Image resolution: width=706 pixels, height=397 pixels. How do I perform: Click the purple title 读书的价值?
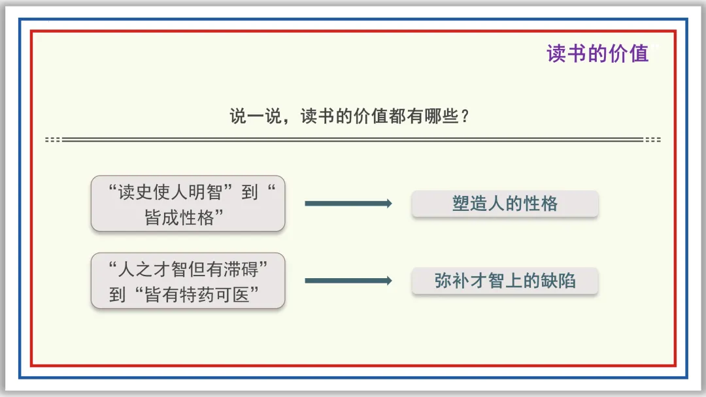point(597,54)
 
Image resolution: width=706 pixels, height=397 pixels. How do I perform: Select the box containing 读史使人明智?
point(188,203)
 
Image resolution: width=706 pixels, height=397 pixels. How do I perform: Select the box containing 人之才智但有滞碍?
point(188,281)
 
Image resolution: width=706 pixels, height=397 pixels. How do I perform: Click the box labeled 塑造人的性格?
point(505,204)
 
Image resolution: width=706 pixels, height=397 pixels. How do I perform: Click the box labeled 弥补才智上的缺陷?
point(505,281)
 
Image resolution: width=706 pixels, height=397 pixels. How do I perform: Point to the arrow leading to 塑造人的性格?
point(348,204)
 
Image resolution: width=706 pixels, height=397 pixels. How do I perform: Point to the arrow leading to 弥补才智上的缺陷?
point(348,281)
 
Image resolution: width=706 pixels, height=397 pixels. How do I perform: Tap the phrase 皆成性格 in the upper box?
point(180,218)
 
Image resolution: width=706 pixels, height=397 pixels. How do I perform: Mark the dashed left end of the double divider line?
point(53,140)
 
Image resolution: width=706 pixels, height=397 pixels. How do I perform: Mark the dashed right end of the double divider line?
point(652,140)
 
